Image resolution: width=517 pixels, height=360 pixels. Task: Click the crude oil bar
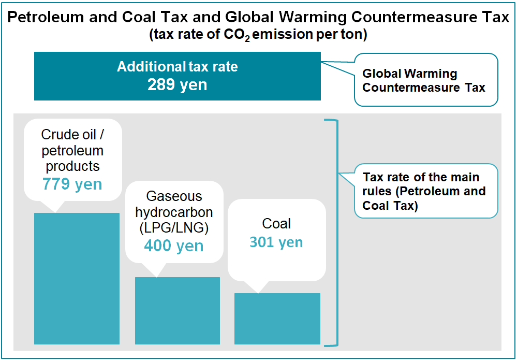point(77,278)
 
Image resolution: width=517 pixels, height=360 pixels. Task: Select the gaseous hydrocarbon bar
point(178,310)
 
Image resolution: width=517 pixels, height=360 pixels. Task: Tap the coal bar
point(277,319)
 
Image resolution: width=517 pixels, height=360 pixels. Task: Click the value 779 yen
point(72,184)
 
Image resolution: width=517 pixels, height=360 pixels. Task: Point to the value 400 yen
point(174,246)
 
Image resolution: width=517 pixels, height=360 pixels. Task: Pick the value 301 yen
point(276,242)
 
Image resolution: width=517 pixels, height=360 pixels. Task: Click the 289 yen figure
point(177,84)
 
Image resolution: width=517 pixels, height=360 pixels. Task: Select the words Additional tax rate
point(177,67)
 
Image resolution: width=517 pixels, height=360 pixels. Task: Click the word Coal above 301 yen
point(276,224)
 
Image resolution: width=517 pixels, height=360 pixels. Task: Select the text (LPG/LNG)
point(174,228)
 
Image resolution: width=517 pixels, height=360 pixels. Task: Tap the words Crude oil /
point(72,135)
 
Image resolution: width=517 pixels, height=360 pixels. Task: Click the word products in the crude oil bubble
point(72,166)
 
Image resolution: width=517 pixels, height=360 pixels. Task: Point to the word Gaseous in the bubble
point(174,197)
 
